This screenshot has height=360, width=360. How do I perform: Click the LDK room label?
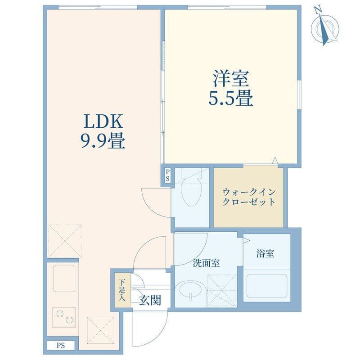coord(103,121)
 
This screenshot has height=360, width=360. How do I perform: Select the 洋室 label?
coord(231,78)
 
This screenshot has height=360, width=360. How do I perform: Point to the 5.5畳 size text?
coord(231,98)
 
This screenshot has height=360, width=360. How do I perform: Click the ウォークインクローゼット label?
coord(249,197)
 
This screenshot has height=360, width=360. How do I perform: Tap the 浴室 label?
coord(265,253)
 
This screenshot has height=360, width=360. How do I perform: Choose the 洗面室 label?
coord(206,263)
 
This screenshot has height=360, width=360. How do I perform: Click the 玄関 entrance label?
coord(150,300)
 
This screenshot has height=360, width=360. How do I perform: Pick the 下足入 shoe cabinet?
coord(122,291)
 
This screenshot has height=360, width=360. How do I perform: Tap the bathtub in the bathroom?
coord(267,286)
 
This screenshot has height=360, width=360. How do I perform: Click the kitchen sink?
coord(64,278)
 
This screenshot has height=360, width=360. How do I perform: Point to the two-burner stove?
coord(64,317)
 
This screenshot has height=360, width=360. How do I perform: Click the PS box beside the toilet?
coord(167,175)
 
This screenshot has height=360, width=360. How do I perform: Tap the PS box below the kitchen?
coord(61,345)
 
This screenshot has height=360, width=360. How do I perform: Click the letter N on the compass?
coord(318,10)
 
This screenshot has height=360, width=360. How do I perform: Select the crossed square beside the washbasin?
coord(222,290)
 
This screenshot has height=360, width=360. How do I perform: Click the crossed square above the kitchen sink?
coord(64,241)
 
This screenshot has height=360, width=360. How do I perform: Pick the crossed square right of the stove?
coord(101,330)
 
